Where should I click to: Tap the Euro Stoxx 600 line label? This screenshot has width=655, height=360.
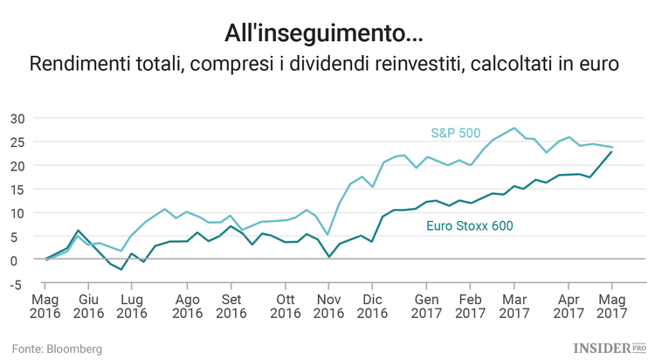point(468,225)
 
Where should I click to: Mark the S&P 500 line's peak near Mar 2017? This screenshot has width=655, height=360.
point(514,128)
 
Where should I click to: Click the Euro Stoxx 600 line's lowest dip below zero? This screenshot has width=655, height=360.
point(121,270)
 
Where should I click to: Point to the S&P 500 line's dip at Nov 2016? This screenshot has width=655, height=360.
point(327,234)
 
